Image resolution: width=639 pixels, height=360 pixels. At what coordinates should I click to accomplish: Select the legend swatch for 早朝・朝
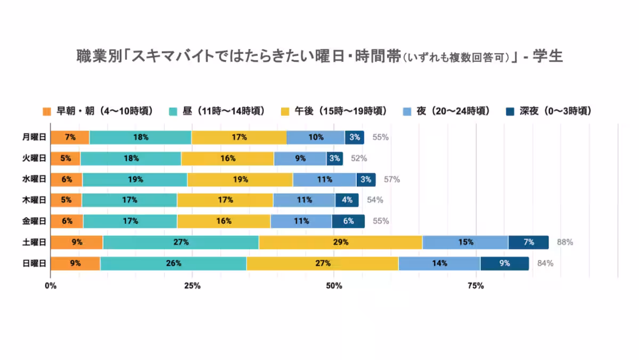click(46, 111)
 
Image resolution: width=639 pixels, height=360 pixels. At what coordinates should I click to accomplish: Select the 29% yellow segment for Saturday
click(340, 242)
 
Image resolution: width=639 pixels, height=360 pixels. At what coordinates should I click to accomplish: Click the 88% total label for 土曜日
click(564, 242)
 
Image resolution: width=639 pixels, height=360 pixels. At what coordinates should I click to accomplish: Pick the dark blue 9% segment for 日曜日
click(504, 263)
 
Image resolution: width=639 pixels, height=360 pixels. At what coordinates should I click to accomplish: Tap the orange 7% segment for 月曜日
click(70, 137)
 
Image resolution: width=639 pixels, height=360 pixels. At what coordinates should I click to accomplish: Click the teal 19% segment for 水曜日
click(135, 179)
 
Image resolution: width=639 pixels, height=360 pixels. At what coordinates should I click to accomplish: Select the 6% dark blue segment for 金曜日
click(348, 221)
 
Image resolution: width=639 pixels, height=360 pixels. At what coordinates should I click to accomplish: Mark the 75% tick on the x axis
click(475, 287)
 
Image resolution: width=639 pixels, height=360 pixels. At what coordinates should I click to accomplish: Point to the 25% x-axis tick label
click(192, 287)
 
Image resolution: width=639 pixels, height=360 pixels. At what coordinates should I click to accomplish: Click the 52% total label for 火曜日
click(359, 158)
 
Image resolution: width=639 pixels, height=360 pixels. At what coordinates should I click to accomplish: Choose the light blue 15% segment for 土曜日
click(465, 242)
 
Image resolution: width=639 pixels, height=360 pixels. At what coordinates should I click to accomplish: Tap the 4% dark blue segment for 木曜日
click(347, 200)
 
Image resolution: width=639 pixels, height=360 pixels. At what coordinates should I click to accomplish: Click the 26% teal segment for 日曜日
click(173, 263)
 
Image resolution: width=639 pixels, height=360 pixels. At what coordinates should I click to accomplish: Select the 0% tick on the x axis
click(51, 287)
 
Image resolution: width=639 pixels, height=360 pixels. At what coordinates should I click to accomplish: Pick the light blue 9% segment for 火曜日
click(300, 158)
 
